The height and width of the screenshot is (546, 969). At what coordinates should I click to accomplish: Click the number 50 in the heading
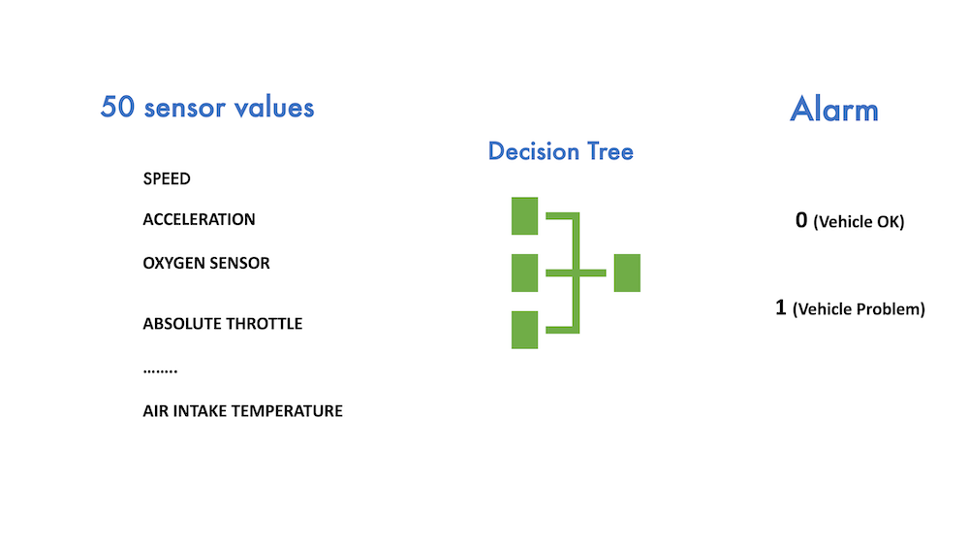pos(117,107)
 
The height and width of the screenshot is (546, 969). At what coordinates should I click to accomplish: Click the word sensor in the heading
pos(185,109)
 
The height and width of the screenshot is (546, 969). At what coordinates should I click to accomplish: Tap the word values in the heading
pos(274,107)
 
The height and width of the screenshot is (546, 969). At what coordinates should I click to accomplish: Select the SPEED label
pos(167,178)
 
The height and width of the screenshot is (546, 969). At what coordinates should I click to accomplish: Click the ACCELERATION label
pos(199,219)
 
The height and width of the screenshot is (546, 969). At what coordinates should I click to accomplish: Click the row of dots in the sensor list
pos(160,371)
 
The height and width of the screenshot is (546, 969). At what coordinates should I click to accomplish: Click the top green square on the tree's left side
pos(524,216)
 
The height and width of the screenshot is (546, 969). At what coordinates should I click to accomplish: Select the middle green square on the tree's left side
pos(524,273)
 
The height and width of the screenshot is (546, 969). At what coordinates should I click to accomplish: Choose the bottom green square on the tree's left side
pos(524,330)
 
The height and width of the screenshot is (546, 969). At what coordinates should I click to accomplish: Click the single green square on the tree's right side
pos(627,273)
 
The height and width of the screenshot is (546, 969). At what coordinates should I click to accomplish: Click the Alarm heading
pos(834,110)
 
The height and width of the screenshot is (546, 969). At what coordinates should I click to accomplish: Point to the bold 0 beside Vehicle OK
pos(801,220)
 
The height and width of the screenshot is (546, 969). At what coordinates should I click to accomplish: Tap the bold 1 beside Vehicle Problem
pos(781,307)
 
